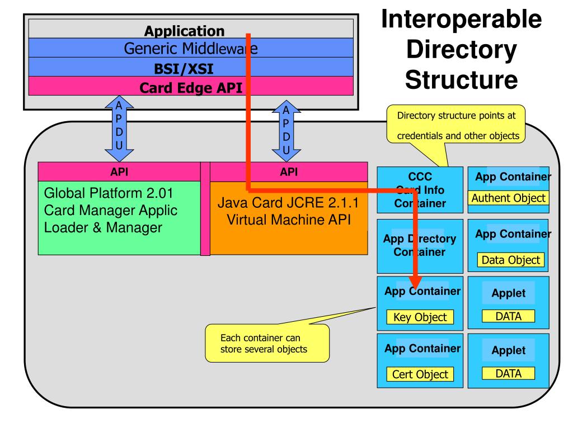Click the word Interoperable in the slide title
(462, 20)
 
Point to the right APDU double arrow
(286, 130)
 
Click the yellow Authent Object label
(508, 198)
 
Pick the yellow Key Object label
(420, 317)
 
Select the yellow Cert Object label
(420, 374)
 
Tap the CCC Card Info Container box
(420, 190)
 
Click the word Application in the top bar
(185, 31)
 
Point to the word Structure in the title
(462, 79)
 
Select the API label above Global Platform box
(119, 172)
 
